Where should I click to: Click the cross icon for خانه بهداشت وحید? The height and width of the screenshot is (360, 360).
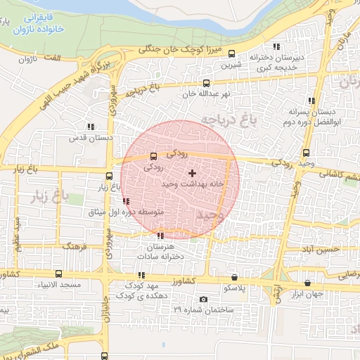pyautogui.click(x=193, y=173)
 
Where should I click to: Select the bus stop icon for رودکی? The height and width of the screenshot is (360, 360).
pyautogui.click(x=154, y=157)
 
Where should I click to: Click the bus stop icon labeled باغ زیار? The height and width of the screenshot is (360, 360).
pyautogui.click(x=108, y=176)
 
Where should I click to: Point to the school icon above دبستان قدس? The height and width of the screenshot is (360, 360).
pyautogui.click(x=91, y=127)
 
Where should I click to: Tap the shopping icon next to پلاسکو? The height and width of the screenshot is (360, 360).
pyautogui.click(x=234, y=278)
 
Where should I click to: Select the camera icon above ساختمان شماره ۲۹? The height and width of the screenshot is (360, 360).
pyautogui.click(x=203, y=299)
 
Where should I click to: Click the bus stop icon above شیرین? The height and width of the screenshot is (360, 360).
pyautogui.click(x=233, y=55)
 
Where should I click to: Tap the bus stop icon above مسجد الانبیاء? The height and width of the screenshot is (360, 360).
pyautogui.click(x=58, y=274)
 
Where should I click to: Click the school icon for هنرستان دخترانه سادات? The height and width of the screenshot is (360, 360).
pyautogui.click(x=161, y=236)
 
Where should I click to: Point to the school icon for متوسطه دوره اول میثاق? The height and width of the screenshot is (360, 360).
pyautogui.click(x=126, y=202)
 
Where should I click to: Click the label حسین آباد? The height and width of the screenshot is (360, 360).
pyautogui.click(x=322, y=249)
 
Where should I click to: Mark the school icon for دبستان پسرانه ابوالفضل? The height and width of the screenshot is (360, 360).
pyautogui.click(x=311, y=101)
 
